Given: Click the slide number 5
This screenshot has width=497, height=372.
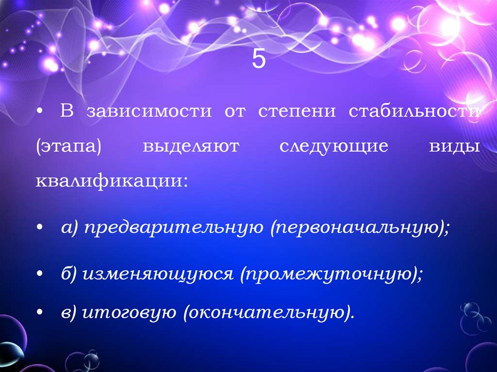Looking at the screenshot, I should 259,60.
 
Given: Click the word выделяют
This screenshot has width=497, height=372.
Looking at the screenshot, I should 191,147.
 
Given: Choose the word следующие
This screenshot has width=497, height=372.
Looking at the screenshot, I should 334,147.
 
